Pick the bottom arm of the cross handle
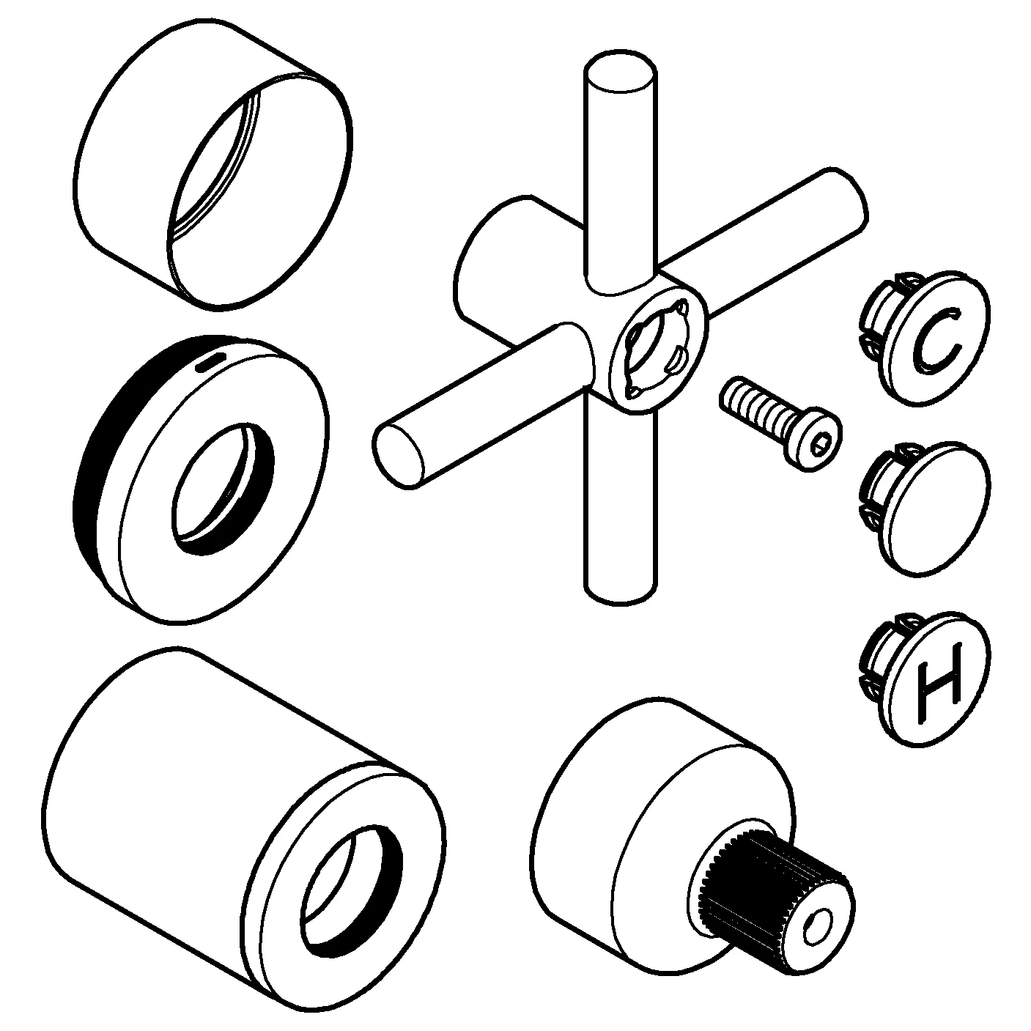click(x=619, y=513)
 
